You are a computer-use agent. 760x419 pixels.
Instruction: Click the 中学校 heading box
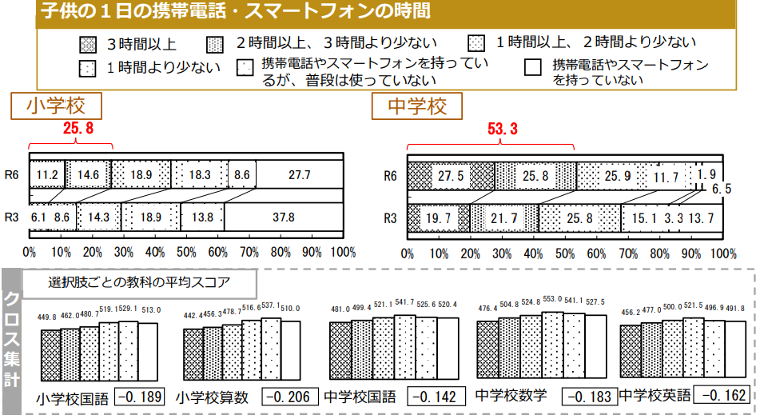pyautogui.click(x=417, y=106)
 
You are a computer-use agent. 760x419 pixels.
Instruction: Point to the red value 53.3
pyautogui.click(x=503, y=129)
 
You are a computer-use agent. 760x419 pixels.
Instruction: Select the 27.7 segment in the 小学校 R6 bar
pyautogui.click(x=300, y=174)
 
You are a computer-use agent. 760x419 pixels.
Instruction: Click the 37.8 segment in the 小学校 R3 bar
pyautogui.click(x=284, y=217)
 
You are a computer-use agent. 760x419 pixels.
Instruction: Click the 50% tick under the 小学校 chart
pyautogui.click(x=186, y=253)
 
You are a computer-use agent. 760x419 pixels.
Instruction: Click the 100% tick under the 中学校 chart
pyautogui.click(x=722, y=253)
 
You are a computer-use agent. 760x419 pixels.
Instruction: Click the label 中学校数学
pyautogui.click(x=511, y=396)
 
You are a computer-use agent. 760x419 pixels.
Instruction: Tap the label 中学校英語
pyautogui.click(x=655, y=396)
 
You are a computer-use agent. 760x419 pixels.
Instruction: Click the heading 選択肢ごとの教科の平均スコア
pyautogui.click(x=140, y=282)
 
